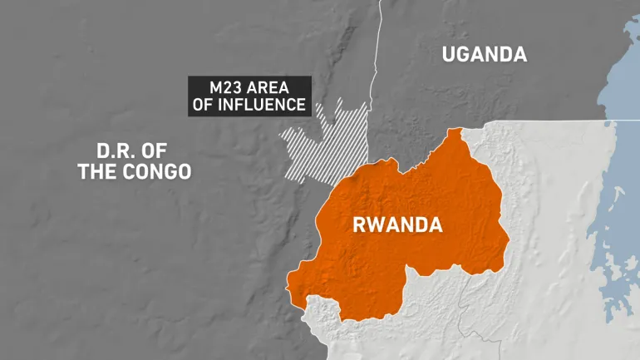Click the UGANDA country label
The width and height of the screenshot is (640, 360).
[x=484, y=55]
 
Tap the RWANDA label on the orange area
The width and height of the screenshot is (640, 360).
[x=398, y=225]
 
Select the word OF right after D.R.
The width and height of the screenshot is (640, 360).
[x=164, y=151]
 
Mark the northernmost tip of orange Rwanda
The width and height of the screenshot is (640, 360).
[x=454, y=131]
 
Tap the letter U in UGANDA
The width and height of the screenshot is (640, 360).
[x=450, y=55]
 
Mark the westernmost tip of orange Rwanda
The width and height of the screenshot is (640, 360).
[x=288, y=288]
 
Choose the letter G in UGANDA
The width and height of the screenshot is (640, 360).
[x=467, y=55]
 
